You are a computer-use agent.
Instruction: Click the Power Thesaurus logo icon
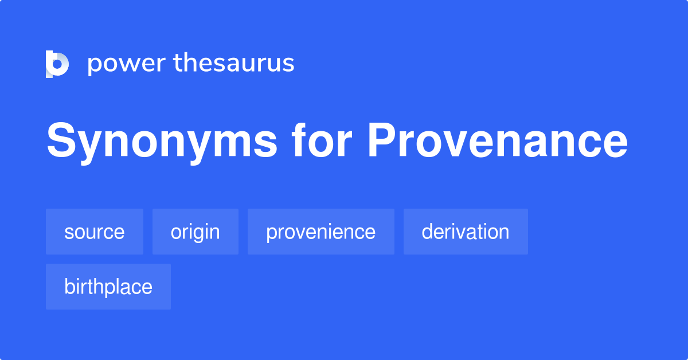pos(57,64)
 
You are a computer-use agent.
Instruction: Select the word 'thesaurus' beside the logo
pos(234,63)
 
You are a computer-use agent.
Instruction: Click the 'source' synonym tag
pos(95,232)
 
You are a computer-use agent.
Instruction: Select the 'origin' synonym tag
pos(195,232)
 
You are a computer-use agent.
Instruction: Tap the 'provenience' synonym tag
pos(320,232)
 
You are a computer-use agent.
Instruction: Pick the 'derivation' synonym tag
pos(466,232)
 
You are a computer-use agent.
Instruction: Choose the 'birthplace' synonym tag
pos(108,287)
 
